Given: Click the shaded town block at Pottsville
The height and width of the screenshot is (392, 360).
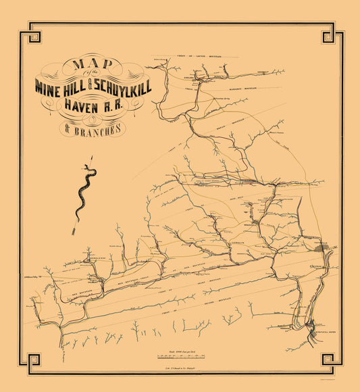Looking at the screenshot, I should (x=325, y=248).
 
